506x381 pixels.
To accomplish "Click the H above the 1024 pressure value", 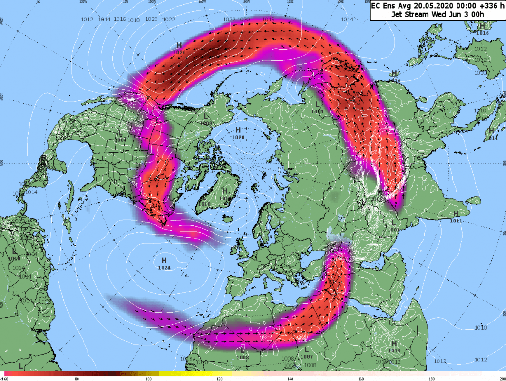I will tap(164, 260).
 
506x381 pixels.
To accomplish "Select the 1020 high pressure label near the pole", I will tap(238, 137).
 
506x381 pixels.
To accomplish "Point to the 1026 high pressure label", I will tap(179, 51).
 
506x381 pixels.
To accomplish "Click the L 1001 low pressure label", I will tap(393, 230).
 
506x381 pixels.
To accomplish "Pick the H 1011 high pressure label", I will tap(456, 221).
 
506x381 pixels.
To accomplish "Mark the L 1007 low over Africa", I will tap(307, 356).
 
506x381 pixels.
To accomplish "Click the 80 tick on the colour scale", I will tap(77, 379).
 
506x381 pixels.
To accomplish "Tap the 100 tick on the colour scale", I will tap(148, 379).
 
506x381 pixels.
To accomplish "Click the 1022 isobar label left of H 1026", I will tap(168, 20).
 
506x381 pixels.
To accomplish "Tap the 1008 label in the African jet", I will tap(242, 357).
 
